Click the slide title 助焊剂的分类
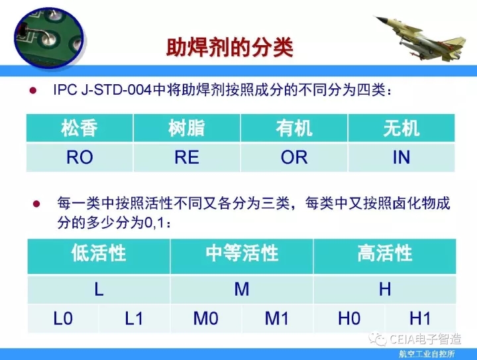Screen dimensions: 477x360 (x=230, y=48)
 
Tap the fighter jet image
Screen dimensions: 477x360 (x=421, y=38)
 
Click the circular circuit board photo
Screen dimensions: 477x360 (x=48, y=37)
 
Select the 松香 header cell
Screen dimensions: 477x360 (x=79, y=128)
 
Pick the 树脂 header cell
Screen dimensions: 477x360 (x=187, y=128)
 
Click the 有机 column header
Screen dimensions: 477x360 (x=294, y=128)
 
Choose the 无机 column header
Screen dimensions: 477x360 (x=401, y=128)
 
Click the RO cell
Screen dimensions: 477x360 (x=79, y=157)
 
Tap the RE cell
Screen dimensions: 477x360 (x=187, y=157)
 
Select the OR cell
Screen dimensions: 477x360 (x=294, y=157)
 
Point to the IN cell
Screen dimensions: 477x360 (x=401, y=157)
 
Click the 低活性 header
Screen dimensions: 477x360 (x=99, y=256)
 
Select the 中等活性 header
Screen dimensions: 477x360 (x=242, y=256)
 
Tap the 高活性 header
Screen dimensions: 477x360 (x=385, y=256)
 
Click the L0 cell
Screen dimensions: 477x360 (x=63, y=319)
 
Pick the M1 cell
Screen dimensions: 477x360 (x=277, y=319)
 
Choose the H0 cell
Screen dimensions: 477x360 (x=349, y=319)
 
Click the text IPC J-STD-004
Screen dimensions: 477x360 (x=102, y=90)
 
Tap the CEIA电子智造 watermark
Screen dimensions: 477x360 (x=415, y=339)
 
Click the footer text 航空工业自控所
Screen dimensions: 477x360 (x=427, y=354)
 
